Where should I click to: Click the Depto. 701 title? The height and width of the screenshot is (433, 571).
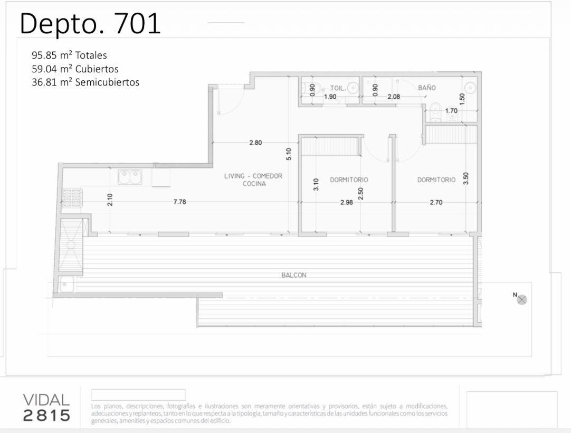click(90, 24)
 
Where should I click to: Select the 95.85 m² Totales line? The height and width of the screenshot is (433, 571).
click(69, 55)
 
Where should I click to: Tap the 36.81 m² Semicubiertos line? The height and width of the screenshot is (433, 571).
click(85, 82)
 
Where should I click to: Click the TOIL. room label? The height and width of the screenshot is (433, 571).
click(338, 88)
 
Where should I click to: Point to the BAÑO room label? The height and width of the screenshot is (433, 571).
click(427, 88)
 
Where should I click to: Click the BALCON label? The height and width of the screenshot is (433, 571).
click(294, 275)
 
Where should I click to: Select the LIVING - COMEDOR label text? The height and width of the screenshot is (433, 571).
click(253, 176)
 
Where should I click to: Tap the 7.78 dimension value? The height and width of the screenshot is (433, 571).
click(180, 202)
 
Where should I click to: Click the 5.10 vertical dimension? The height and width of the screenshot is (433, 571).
click(289, 154)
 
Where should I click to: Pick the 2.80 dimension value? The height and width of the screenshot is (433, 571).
click(255, 143)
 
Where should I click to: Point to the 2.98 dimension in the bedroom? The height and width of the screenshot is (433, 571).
click(347, 202)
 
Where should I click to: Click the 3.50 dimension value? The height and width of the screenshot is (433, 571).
click(466, 178)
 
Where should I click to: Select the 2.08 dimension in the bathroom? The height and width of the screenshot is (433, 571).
click(394, 97)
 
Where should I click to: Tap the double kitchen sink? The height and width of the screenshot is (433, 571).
click(130, 177)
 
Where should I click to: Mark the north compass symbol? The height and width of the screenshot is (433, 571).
click(522, 299)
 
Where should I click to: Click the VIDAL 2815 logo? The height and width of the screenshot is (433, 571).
click(46, 408)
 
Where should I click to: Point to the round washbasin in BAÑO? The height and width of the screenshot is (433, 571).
click(471, 88)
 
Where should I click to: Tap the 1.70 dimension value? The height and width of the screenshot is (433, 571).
click(451, 110)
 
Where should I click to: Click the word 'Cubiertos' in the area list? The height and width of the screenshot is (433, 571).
click(97, 69)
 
